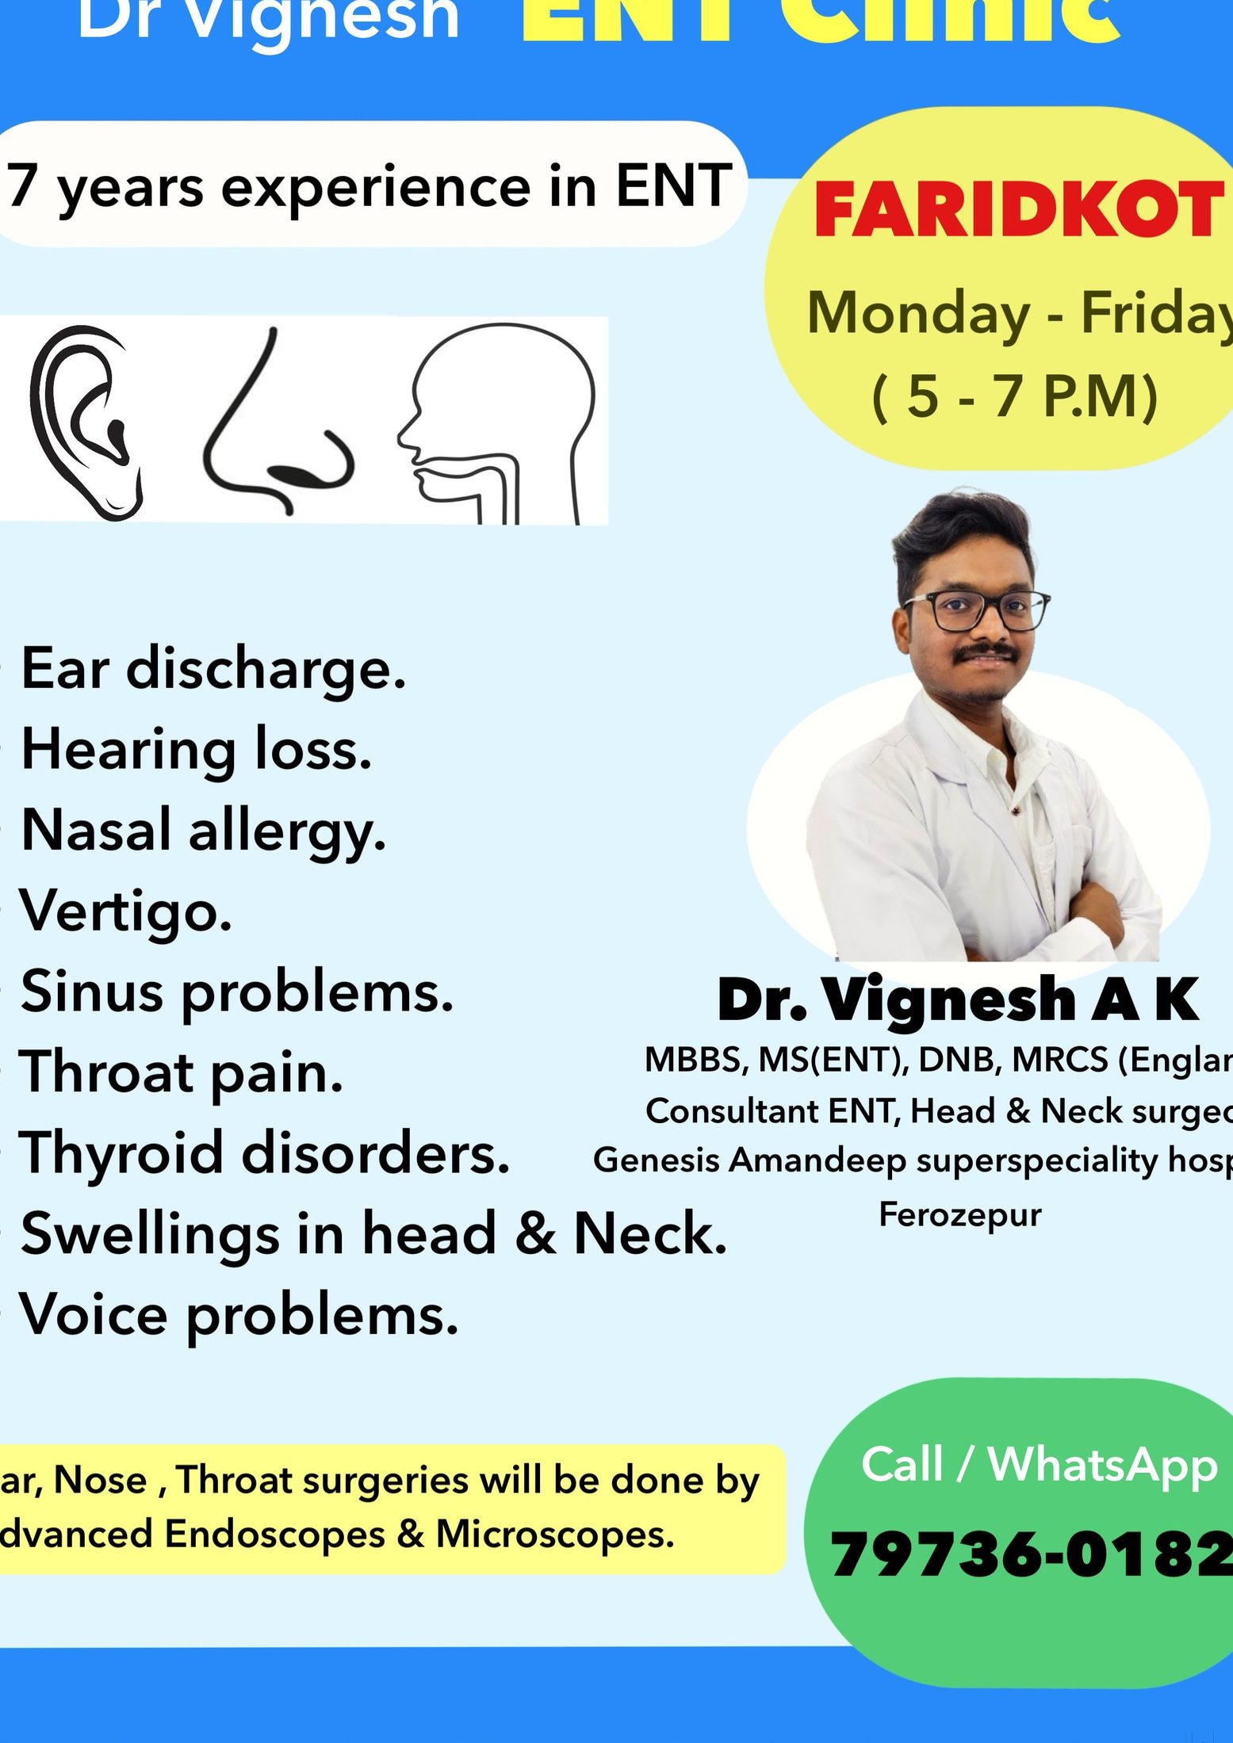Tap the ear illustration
click(x=83, y=420)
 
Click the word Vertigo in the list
click(x=126, y=912)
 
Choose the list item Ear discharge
click(x=213, y=669)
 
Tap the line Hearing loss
click(x=196, y=750)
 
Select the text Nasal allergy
click(x=203, y=831)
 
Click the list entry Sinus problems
click(x=236, y=992)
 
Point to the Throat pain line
click(x=182, y=1073)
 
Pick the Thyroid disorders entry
click(x=264, y=1154)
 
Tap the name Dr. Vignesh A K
click(x=958, y=1000)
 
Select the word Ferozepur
click(x=959, y=1214)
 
